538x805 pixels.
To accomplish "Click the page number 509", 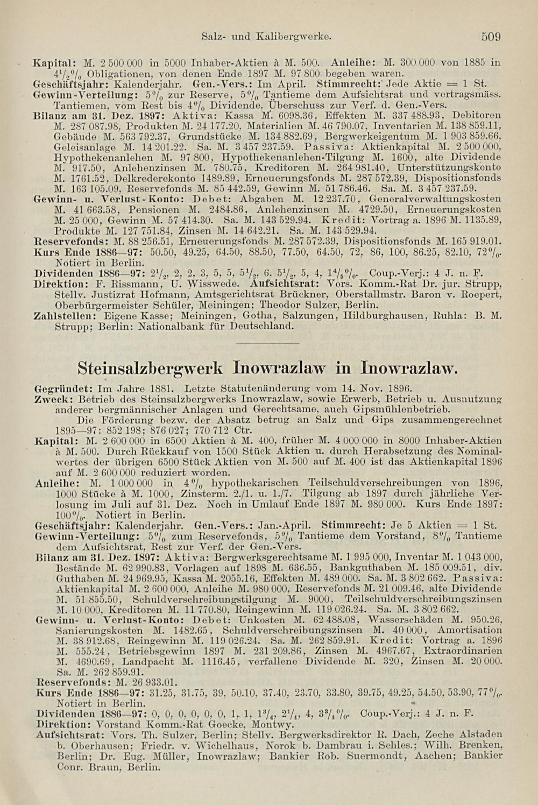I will click(491, 37).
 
